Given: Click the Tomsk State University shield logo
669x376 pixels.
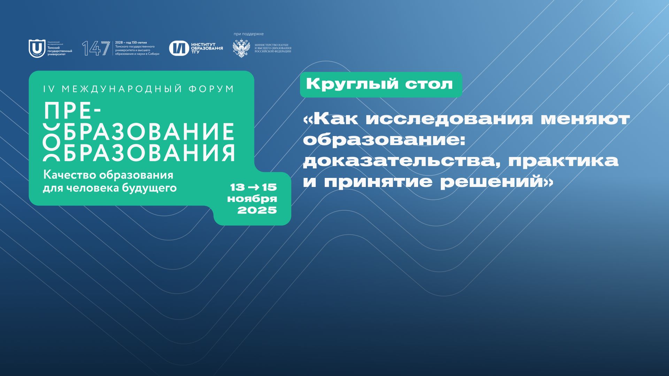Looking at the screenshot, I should [37, 48].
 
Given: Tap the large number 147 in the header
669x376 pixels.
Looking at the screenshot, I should [95, 48].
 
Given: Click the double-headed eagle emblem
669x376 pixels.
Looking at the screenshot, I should [241, 48].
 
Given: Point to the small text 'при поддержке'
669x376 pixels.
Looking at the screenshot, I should [248, 34].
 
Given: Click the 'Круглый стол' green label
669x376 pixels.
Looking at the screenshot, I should [380, 84].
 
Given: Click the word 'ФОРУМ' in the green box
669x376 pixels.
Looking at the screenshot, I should [211, 89].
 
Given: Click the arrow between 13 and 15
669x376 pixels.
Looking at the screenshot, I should [253, 187].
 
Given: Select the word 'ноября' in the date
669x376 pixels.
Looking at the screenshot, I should [252, 199].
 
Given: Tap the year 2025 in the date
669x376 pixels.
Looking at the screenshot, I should [257, 210].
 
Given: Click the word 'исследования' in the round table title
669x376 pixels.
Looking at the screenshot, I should [449, 119].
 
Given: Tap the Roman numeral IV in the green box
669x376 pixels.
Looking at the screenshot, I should [49, 89].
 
